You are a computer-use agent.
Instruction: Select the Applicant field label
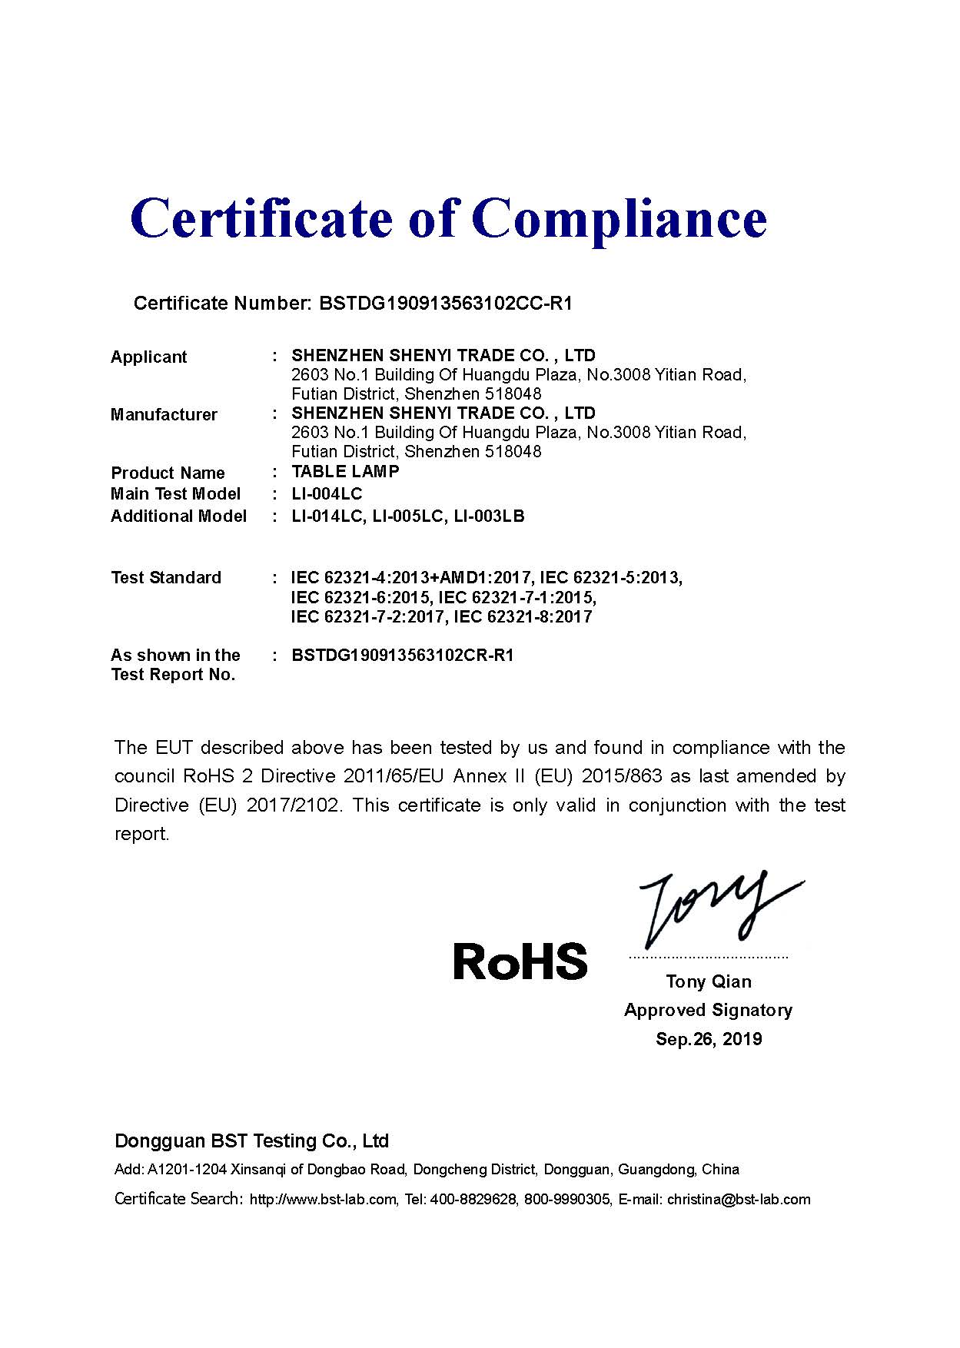pyautogui.click(x=148, y=357)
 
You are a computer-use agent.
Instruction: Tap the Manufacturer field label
pyautogui.click(x=164, y=414)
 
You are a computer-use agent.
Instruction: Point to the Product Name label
pyautogui.click(x=168, y=473)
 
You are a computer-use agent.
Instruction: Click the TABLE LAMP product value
pyautogui.click(x=345, y=471)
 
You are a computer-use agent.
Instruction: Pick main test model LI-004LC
pyautogui.click(x=327, y=493)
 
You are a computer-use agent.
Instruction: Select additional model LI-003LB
pyautogui.click(x=490, y=516)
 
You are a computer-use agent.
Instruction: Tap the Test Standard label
pyautogui.click(x=166, y=577)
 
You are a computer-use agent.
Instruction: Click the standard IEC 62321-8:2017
pyautogui.click(x=523, y=616)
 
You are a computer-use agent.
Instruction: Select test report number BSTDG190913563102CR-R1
pyautogui.click(x=403, y=655)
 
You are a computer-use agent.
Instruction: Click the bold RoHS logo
pyautogui.click(x=520, y=961)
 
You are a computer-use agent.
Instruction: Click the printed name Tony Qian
pyautogui.click(x=709, y=981)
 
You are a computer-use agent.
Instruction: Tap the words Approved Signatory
pyautogui.click(x=708, y=1010)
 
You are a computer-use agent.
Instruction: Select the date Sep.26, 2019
pyautogui.click(x=709, y=1039)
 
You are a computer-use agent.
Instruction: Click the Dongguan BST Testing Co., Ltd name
pyautogui.click(x=251, y=1140)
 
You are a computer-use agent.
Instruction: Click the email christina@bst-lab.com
pyautogui.click(x=739, y=1199)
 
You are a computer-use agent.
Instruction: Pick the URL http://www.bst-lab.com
pyautogui.click(x=323, y=1199)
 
